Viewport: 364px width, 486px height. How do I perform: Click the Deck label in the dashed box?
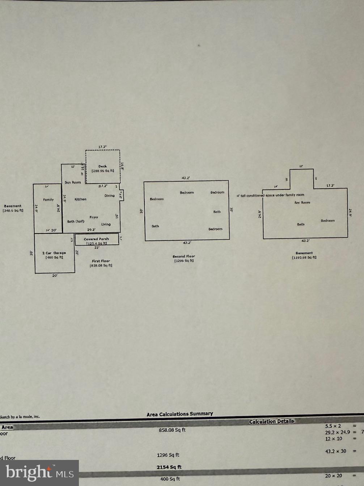[x=103, y=167]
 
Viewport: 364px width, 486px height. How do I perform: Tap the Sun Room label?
[x=73, y=182]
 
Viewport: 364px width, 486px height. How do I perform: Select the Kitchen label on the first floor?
[x=80, y=199]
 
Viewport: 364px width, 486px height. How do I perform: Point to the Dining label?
[x=109, y=196]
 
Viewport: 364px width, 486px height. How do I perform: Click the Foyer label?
[x=94, y=217]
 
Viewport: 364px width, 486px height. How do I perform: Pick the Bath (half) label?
[x=76, y=222]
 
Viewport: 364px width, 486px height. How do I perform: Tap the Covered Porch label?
[x=96, y=239]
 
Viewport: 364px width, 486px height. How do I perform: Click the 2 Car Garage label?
[x=54, y=253]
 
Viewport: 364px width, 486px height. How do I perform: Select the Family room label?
[x=48, y=200]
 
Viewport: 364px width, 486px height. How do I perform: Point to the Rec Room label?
[x=302, y=202]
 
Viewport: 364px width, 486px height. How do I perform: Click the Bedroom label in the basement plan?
[x=327, y=221]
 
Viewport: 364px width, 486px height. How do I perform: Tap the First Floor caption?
[x=101, y=261]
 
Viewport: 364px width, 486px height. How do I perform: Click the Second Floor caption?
[x=184, y=256]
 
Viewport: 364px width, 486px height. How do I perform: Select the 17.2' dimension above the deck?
[x=103, y=147]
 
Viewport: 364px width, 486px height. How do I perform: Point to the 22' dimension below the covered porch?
[x=97, y=248]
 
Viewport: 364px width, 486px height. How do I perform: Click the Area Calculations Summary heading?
[x=180, y=414]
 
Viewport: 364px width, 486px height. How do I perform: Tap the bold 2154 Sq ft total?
[x=169, y=467]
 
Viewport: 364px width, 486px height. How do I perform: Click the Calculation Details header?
[x=271, y=422]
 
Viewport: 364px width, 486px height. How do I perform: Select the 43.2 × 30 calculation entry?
[x=335, y=451]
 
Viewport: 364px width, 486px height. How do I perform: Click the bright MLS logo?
[x=39, y=473]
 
